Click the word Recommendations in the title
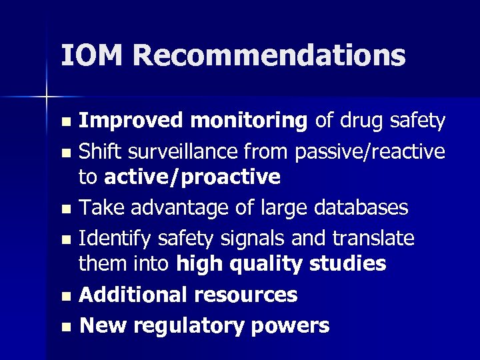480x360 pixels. coord(269,55)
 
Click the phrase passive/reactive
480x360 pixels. coord(370,151)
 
